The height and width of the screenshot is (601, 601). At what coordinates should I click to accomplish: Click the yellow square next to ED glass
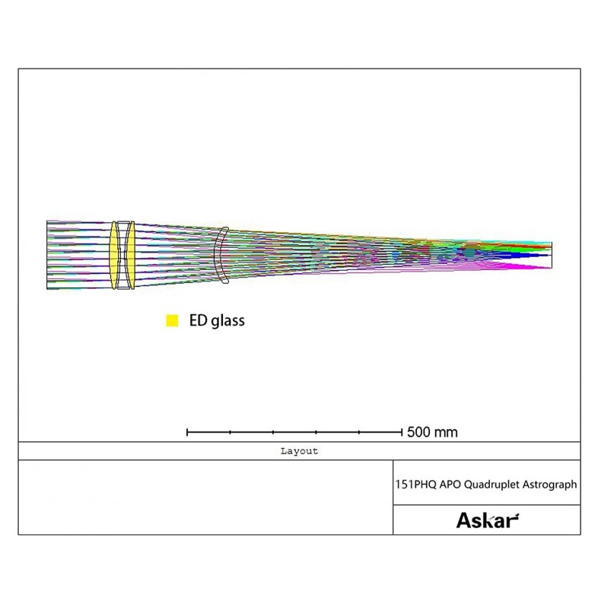[x=172, y=320]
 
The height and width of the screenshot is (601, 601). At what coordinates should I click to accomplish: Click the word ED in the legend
[x=197, y=320]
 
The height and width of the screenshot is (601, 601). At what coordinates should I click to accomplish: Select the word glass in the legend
[x=227, y=321]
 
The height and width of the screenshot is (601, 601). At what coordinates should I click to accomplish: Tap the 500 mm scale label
[x=432, y=432]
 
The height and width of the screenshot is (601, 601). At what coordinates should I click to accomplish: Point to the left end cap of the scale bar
[x=187, y=432]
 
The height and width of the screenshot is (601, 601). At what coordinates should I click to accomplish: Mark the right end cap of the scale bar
[x=402, y=432]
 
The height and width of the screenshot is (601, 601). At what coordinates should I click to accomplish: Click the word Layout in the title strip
[x=299, y=451]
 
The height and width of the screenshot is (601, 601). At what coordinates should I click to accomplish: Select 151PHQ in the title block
[x=415, y=483]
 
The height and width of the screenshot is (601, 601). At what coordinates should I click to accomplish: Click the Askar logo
[x=487, y=520]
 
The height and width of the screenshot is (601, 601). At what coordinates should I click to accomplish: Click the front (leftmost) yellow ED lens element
[x=114, y=255]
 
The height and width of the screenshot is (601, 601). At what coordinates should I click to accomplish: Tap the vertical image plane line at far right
[x=552, y=256]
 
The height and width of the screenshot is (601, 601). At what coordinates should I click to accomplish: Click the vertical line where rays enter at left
[x=47, y=255]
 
